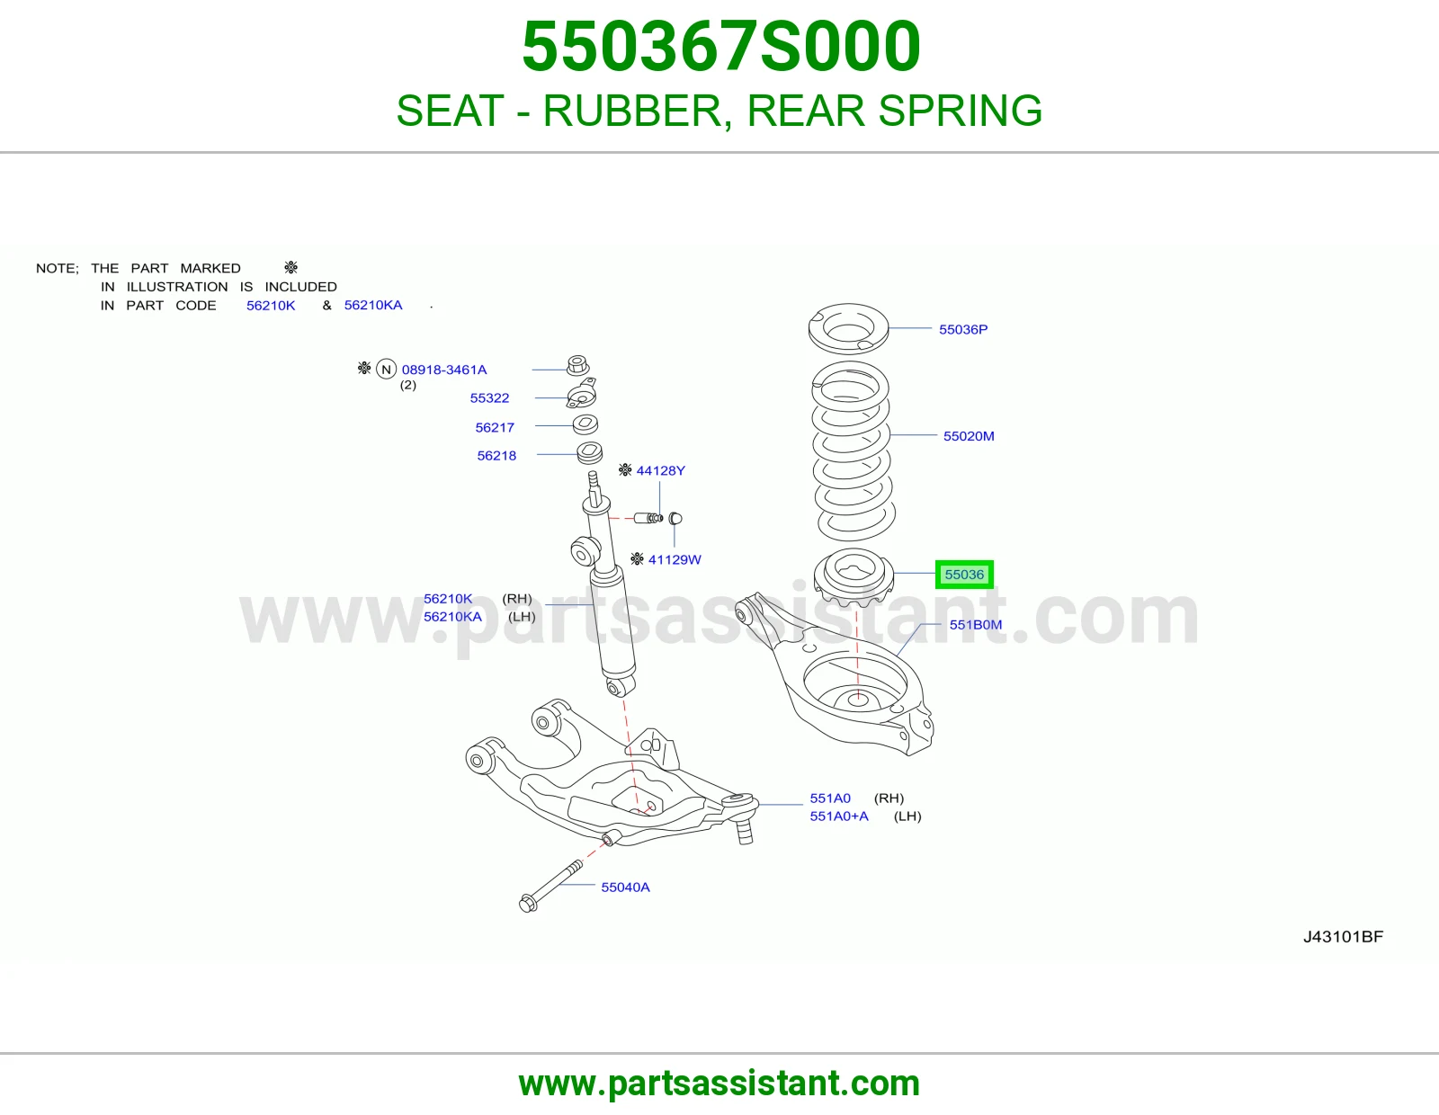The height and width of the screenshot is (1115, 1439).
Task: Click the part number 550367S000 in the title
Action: [x=720, y=47]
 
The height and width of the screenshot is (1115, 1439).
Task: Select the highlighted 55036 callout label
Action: [x=963, y=574]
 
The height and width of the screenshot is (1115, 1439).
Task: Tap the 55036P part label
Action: [x=963, y=329]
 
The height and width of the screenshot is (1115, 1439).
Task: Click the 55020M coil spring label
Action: [x=968, y=436]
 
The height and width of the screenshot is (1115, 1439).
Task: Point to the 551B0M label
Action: [x=976, y=624]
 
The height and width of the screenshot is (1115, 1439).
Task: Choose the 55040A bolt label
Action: [x=625, y=887]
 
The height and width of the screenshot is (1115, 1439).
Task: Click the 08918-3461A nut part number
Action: [x=443, y=370]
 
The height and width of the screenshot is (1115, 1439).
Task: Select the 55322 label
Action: [x=489, y=398]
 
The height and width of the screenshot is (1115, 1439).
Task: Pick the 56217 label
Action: [x=495, y=428]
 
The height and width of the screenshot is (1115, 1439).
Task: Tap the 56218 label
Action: [x=496, y=456]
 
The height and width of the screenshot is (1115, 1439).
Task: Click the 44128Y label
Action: [x=660, y=471]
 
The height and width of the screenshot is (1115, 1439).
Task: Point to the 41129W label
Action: [x=675, y=559]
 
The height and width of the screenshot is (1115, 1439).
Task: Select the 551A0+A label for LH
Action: [x=839, y=816]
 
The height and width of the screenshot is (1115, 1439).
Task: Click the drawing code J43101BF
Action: [x=1343, y=937]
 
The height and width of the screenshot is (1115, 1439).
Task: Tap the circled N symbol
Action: [x=386, y=369]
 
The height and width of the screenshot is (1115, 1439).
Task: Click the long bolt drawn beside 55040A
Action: [x=551, y=886]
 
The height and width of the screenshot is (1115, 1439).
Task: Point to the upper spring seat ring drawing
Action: [x=848, y=329]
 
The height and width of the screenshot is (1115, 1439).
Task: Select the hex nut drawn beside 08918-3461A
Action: [x=578, y=365]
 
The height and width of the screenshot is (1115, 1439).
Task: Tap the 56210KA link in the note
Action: [x=373, y=305]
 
